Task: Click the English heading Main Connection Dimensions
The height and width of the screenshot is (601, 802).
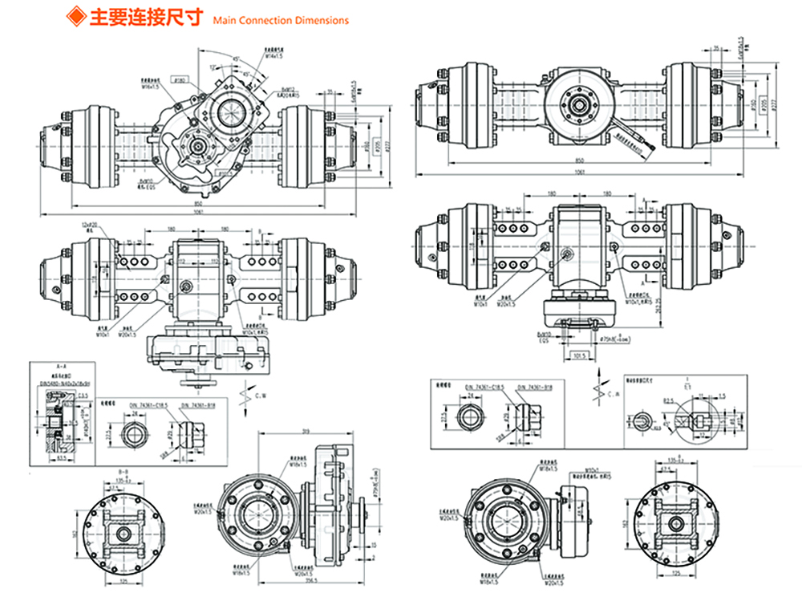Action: pos(282,20)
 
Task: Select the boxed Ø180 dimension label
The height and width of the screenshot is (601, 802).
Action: pos(180,80)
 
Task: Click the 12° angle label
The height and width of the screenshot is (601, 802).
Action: pos(215,67)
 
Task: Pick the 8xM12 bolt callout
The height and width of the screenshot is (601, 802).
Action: pos(286,89)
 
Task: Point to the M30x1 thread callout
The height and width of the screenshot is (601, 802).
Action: pos(593,472)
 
